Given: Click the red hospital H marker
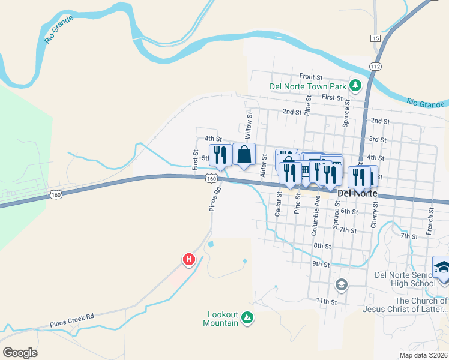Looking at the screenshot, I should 189,260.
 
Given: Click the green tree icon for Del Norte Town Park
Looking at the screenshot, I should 355,86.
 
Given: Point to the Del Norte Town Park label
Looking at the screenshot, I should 308,86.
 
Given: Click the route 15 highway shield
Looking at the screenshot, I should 376,38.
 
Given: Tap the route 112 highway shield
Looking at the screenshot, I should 376,66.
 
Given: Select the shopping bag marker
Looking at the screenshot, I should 244,154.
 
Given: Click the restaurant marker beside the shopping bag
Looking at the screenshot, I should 220,155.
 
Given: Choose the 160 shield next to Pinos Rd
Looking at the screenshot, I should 211,178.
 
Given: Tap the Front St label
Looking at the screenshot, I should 311,77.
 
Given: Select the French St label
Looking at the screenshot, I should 430,221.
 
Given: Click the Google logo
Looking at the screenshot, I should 20,353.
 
